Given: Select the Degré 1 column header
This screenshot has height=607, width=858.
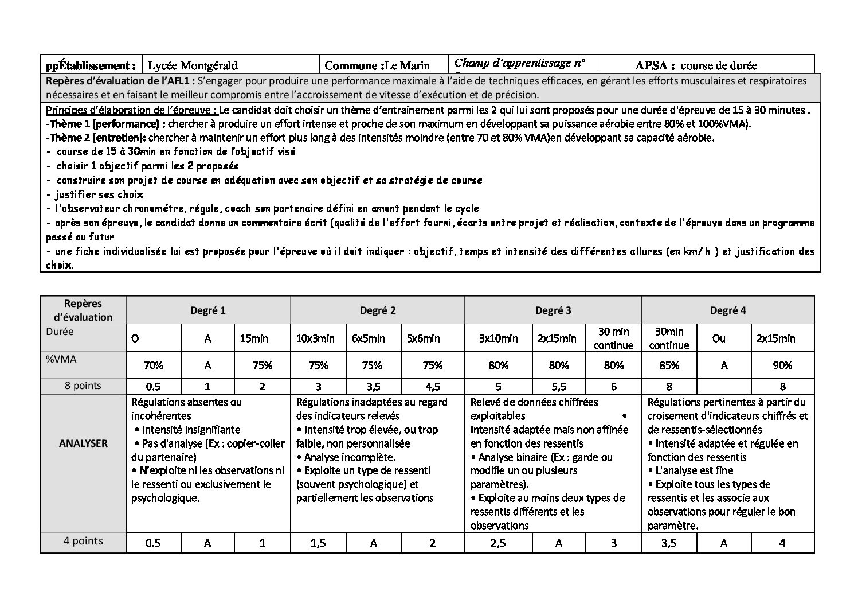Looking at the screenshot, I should point(207,310).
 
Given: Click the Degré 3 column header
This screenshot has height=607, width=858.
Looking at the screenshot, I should point(553,310).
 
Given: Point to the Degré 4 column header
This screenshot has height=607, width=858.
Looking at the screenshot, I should point(727,310).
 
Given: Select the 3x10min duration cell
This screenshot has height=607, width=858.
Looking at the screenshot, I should point(498,338).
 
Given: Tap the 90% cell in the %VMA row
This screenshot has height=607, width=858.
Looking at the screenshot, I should point(782,365).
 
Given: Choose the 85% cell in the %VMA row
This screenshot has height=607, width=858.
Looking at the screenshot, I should point(669,365).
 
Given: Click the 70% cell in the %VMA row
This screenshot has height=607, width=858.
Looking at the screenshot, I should point(153,365).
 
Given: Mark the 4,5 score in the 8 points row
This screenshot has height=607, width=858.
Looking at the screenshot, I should point(432,386).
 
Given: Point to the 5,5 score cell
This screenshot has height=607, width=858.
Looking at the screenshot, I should point(558,386).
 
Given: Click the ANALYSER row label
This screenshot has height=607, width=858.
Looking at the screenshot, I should point(83,443).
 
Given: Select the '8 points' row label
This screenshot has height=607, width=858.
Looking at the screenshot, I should point(83,386).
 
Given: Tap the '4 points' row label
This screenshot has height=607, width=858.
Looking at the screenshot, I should point(83,541).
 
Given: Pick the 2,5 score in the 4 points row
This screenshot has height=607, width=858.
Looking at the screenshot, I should point(497,543).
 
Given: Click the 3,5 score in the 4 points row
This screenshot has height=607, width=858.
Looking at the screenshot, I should point(668,543).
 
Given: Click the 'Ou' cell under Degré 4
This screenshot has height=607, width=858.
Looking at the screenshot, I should point(718,338).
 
